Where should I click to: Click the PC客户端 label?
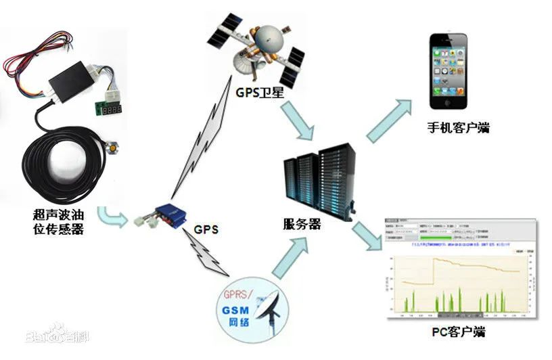458,332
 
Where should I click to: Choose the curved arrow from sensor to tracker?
112,218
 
